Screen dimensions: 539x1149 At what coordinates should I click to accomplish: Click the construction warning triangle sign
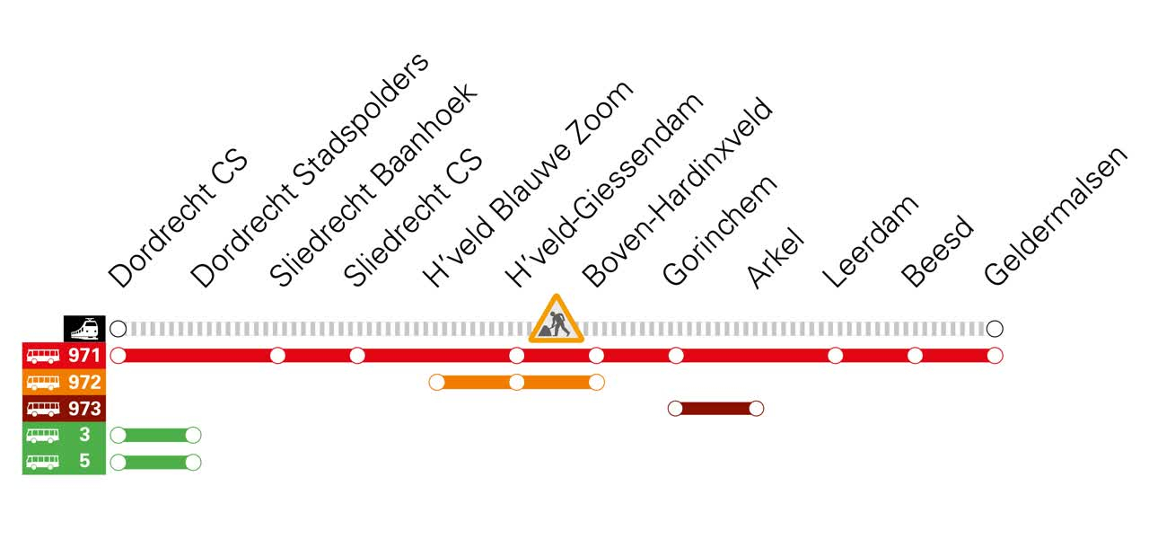click(x=557, y=321)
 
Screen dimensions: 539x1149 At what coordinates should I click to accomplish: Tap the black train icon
click(x=83, y=329)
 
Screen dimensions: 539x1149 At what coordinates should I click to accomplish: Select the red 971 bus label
click(x=64, y=355)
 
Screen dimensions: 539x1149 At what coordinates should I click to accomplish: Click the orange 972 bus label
click(x=64, y=382)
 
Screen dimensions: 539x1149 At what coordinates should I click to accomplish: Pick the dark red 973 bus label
click(x=64, y=409)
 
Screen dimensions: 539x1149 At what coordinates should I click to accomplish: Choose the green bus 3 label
click(x=64, y=436)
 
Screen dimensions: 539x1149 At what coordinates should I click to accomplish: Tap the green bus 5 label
click(x=64, y=462)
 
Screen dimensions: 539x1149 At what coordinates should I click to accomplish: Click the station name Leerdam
click(x=871, y=241)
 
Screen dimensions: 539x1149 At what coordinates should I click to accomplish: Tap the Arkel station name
click(x=775, y=259)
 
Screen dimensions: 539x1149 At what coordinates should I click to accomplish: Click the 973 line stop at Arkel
click(x=756, y=409)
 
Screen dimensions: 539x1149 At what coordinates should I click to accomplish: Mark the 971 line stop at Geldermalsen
click(x=994, y=355)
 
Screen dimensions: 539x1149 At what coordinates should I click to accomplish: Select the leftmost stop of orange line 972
click(x=437, y=382)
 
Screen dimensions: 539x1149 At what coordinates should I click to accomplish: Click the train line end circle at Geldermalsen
click(x=994, y=329)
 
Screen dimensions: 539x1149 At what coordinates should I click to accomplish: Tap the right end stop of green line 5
click(x=192, y=462)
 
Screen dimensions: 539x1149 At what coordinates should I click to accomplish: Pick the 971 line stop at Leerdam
click(x=835, y=355)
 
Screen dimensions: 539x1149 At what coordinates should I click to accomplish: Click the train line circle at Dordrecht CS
click(x=118, y=329)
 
